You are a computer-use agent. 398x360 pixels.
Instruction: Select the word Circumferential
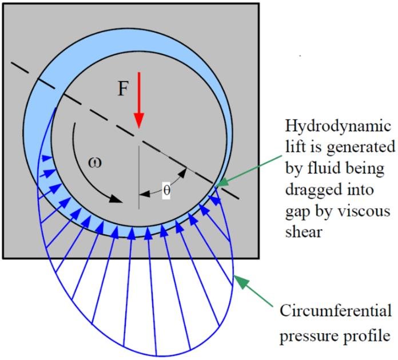coord(336,312)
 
